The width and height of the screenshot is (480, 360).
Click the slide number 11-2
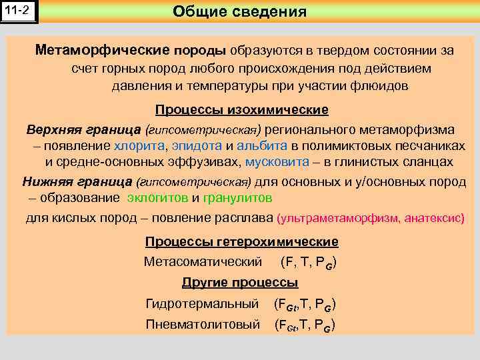click(19, 11)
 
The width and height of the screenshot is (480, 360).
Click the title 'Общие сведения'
click(239, 11)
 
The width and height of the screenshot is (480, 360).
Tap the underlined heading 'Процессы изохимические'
click(241, 109)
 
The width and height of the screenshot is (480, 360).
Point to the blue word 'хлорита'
click(139, 145)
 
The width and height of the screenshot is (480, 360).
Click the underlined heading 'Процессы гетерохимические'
click(241, 242)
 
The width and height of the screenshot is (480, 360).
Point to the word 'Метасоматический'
click(203, 262)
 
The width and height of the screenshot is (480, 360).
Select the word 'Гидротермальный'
click(202, 304)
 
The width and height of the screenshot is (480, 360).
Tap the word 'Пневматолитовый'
click(202, 325)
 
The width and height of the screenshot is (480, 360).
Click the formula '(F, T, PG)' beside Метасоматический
click(308, 263)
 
